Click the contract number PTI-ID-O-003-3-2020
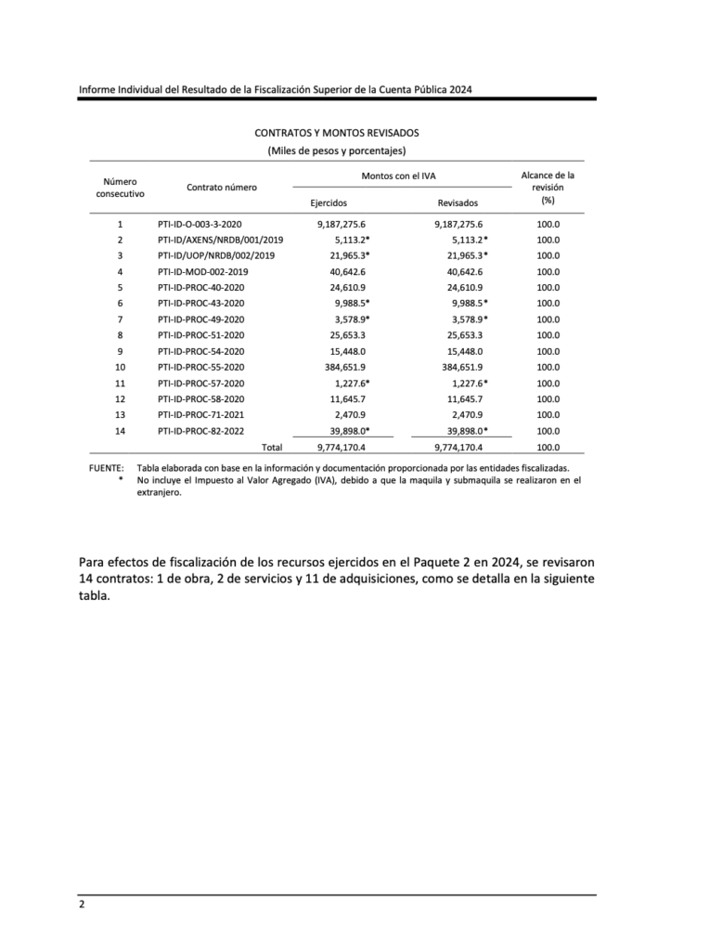tap(200, 224)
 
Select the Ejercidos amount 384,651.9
tap(343, 367)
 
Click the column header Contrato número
tap(221, 188)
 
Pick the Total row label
tap(272, 447)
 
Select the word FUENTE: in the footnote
tap(106, 468)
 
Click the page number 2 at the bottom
tap(82, 905)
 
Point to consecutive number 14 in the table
tap(120, 431)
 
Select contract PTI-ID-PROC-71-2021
tap(201, 415)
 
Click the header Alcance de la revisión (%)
tap(548, 187)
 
